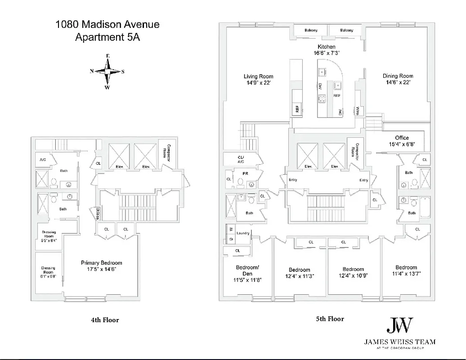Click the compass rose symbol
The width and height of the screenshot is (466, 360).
(108, 72)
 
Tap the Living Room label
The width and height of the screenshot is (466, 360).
(259, 76)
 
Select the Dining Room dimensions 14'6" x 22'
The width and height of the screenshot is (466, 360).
(398, 83)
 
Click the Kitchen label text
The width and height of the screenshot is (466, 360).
(327, 47)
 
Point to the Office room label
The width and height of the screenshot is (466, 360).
(402, 138)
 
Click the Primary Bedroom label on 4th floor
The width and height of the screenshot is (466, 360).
(102, 263)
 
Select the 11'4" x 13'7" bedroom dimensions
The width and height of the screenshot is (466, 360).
(406, 274)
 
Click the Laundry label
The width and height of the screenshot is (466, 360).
(242, 233)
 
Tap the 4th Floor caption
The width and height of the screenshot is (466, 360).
(105, 320)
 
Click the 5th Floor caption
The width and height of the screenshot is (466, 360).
(330, 319)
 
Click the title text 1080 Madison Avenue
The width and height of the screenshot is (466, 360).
(107, 25)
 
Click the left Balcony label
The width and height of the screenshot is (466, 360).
(311, 30)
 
